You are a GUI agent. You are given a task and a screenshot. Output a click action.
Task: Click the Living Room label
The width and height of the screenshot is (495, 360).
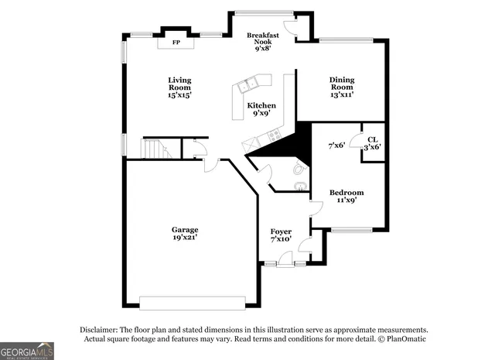pyautogui.click(x=179, y=87)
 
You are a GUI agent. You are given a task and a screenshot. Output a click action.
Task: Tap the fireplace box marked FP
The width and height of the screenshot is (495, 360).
pyautogui.click(x=176, y=42)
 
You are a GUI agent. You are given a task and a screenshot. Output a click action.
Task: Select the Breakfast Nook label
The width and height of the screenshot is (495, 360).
pyautogui.click(x=262, y=40)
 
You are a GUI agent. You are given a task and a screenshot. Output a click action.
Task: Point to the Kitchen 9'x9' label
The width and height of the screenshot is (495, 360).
pyautogui.click(x=261, y=109)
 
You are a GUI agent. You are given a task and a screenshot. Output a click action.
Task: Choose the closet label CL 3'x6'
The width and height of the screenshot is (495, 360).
pyautogui.click(x=372, y=143)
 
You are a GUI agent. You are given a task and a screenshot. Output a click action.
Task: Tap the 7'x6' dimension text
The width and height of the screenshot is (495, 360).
pyautogui.click(x=336, y=145)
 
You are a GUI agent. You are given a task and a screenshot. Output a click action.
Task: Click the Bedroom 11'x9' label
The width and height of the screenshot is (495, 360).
pyautogui.click(x=346, y=196)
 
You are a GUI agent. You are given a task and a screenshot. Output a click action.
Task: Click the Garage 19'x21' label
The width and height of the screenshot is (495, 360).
pyautogui.click(x=185, y=233)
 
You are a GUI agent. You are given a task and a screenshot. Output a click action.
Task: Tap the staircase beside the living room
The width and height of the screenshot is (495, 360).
pyautogui.click(x=155, y=148)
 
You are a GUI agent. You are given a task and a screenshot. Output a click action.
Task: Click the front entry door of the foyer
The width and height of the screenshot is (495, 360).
pyautogui.click(x=287, y=263)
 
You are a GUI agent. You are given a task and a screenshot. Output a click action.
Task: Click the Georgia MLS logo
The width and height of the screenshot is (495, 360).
pyautogui.click(x=28, y=350)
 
